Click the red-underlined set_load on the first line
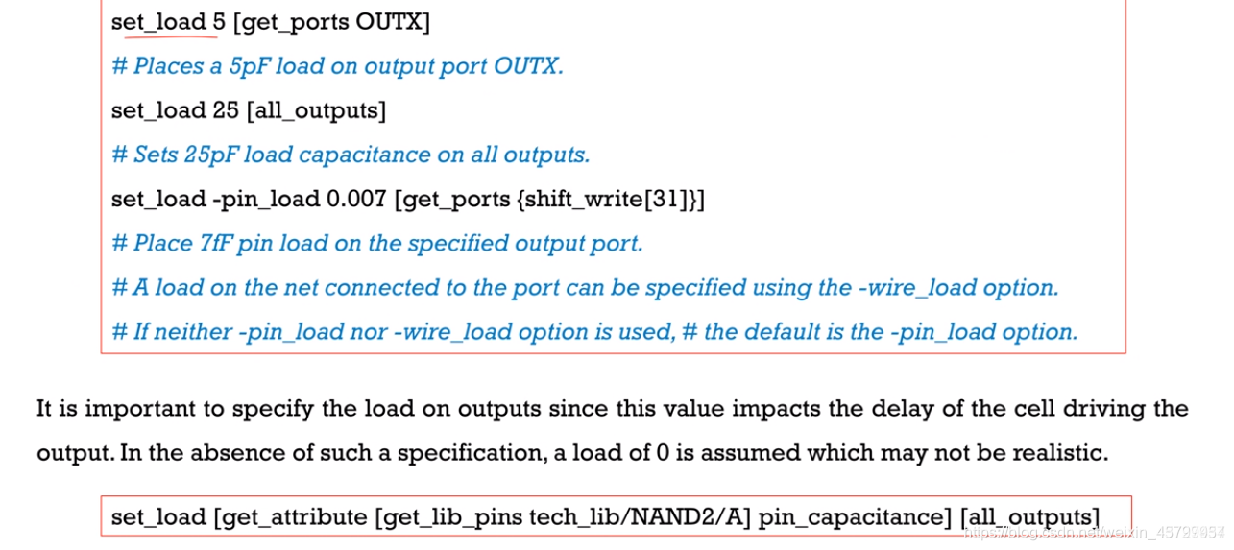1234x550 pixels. (158, 22)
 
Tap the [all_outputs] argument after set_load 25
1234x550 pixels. (316, 110)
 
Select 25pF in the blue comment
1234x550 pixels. (216, 155)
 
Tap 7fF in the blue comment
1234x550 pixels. (216, 244)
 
